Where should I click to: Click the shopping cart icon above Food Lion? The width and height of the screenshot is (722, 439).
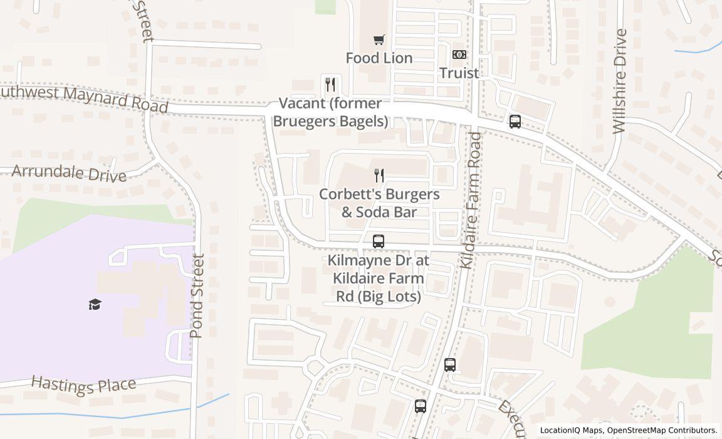(x=379, y=40)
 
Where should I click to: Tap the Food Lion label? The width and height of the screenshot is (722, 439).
(x=379, y=58)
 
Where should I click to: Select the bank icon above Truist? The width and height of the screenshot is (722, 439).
(x=459, y=55)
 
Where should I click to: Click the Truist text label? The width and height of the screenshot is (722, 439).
(x=459, y=73)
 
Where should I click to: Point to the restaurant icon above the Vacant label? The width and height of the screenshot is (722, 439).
(x=330, y=84)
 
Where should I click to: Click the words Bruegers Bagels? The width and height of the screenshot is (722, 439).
(x=330, y=121)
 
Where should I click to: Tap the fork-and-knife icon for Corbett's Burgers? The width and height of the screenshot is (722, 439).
(x=379, y=176)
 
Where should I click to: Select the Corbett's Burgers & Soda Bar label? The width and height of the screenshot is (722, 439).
(x=379, y=203)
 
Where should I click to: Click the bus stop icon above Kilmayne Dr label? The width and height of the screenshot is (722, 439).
(x=379, y=241)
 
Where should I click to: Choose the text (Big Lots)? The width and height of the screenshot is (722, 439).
(x=379, y=296)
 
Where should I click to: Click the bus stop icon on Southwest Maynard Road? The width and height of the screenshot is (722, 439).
(x=515, y=122)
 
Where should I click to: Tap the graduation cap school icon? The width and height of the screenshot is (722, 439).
(x=95, y=305)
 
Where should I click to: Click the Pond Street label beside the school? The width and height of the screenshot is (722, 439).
(x=197, y=295)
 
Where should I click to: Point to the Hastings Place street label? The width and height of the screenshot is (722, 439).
(x=83, y=384)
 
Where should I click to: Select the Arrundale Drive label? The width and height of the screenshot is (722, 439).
(x=69, y=172)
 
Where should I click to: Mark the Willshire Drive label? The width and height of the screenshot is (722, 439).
(x=619, y=81)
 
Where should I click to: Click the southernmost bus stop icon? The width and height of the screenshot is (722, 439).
(x=420, y=406)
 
